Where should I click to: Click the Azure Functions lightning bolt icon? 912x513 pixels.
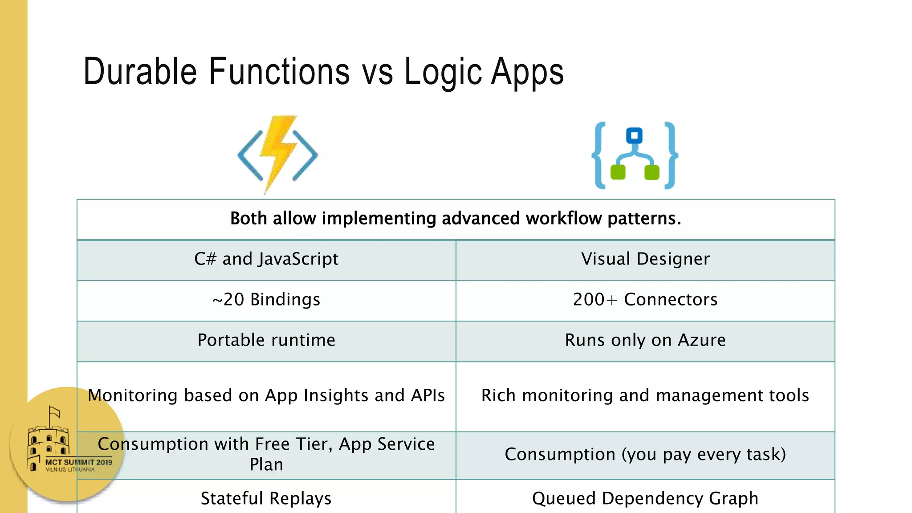pos(277,154)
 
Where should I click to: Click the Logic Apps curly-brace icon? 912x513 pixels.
pos(635,155)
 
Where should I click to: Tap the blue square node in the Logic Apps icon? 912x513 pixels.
pos(634,135)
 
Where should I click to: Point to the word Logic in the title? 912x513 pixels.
pos(444,72)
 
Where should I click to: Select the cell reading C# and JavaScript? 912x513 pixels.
pos(266,259)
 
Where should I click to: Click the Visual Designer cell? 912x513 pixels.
pos(645,259)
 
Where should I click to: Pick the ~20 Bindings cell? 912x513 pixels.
pos(266,300)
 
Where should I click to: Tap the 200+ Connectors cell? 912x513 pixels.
pos(645,300)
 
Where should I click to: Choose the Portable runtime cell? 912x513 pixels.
pos(266,340)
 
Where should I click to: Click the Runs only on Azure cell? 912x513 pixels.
pos(645,340)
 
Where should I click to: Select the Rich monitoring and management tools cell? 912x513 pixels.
pos(645,395)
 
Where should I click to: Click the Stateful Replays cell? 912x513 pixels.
pos(266,498)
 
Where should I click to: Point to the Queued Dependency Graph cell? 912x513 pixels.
pos(645,498)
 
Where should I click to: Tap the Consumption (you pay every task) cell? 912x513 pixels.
pos(645,455)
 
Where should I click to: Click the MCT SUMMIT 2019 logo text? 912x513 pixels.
pos(79,462)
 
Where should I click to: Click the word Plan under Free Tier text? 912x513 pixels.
pos(266,465)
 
